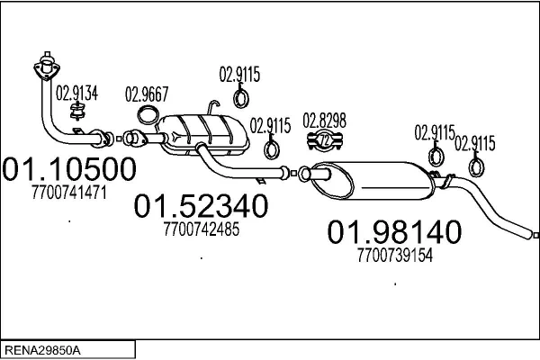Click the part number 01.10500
coord(70,170)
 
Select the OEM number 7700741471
coord(69,192)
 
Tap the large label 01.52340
coord(202,207)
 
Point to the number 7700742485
coord(202,229)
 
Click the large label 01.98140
coord(394,232)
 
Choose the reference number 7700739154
coord(395,255)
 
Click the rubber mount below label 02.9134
coord(78,112)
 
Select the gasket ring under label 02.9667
coord(149,114)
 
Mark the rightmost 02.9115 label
coord(474,142)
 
